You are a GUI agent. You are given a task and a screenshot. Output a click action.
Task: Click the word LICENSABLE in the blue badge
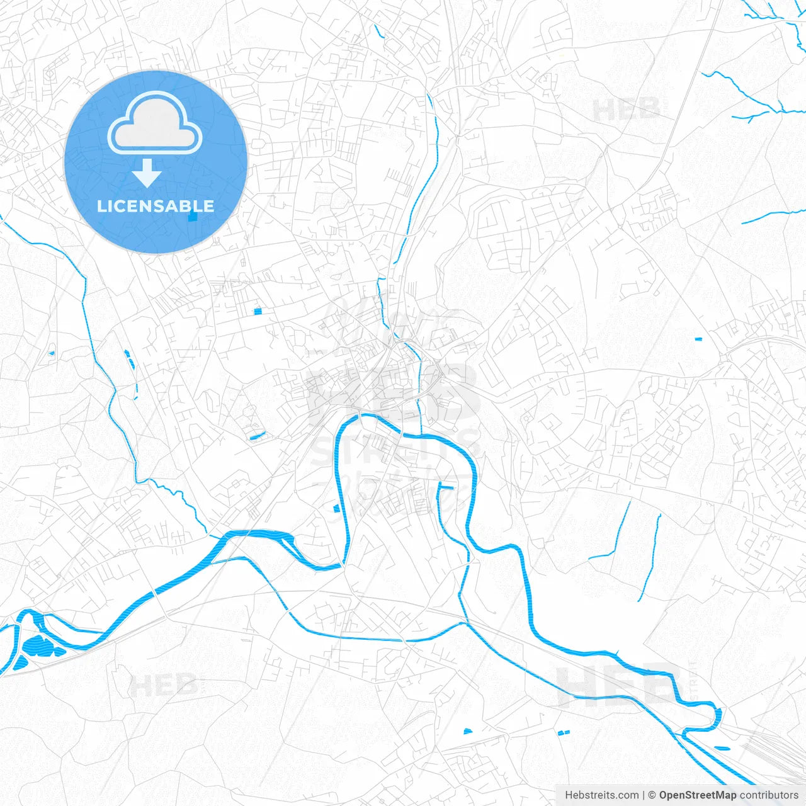coord(156,206)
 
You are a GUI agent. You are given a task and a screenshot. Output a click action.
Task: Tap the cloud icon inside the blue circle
coord(155,123)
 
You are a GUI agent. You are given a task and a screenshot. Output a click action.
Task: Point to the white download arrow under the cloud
coord(147,173)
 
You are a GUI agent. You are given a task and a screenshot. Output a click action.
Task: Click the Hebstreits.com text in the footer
coord(601,795)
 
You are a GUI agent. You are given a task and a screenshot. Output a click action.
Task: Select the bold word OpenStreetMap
coord(697,795)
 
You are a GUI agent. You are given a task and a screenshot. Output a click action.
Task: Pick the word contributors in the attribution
coord(769,795)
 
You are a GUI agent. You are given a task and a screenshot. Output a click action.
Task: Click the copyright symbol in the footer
coord(652,795)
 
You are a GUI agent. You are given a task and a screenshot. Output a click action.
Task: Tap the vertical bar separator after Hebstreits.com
coord(644,795)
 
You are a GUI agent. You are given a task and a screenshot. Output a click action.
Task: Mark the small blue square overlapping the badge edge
coord(193,217)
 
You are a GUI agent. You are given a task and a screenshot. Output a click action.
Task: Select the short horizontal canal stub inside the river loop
coord(446,487)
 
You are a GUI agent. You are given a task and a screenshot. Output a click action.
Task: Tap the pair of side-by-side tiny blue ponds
coord(563,732)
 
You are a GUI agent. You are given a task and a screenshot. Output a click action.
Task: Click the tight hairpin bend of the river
coord(717,715)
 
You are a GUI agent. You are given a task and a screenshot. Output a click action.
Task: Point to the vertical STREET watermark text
coord(693,680)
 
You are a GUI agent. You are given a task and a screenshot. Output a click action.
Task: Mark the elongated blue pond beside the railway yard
coord(722,748)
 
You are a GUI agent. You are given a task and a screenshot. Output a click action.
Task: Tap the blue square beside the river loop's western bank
coord(336,508)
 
